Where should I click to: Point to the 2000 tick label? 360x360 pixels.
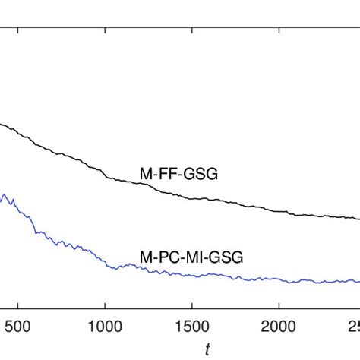tap(279, 328)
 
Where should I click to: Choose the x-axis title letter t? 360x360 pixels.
tap(207, 349)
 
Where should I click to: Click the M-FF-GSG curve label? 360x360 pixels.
tap(178, 175)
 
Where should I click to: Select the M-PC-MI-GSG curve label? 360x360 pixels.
tap(191, 257)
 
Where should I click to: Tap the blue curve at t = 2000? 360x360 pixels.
tap(279, 281)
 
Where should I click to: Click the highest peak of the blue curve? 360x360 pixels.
tap(6, 195)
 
